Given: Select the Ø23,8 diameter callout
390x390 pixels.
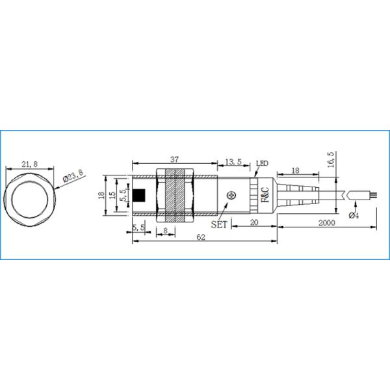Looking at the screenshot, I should [x=73, y=175].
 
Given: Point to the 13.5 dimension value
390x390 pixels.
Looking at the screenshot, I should [x=233, y=161].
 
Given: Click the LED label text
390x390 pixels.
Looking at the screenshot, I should [x=263, y=162].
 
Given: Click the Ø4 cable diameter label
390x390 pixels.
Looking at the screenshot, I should [x=354, y=215].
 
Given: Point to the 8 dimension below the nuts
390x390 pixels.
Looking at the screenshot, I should [x=166, y=229].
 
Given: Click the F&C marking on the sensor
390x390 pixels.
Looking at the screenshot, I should [x=265, y=195].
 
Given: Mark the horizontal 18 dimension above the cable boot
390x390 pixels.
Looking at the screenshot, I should [x=295, y=170].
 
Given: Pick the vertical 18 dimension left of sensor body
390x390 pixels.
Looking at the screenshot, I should [x=101, y=196].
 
